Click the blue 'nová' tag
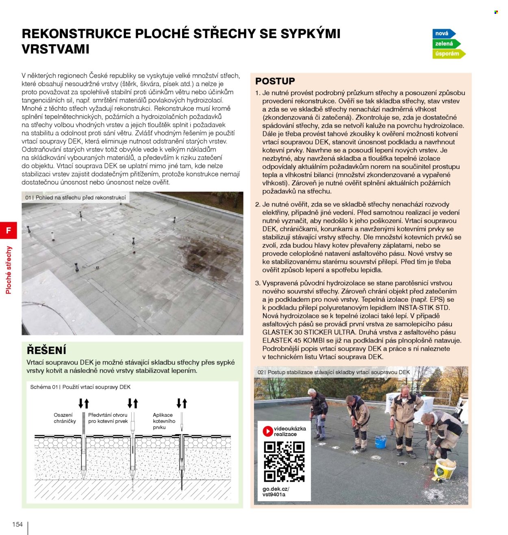[443, 34]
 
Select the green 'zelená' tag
[445, 43]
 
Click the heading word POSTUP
[275, 81]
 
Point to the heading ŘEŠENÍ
[46, 350]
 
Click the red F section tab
[9, 231]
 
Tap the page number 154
[17, 524]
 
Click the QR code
[284, 461]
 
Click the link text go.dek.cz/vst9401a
[276, 492]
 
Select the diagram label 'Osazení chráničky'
[65, 418]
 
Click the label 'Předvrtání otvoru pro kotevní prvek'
[108, 418]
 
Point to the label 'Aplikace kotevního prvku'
[164, 421]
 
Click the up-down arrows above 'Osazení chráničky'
[84, 403]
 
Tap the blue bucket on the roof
[380, 441]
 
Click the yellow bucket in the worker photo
[445, 469]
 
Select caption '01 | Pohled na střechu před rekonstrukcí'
[76, 198]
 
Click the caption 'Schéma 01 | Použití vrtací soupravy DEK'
[80, 387]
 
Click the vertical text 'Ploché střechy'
[9, 270]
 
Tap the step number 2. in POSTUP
[258, 204]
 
